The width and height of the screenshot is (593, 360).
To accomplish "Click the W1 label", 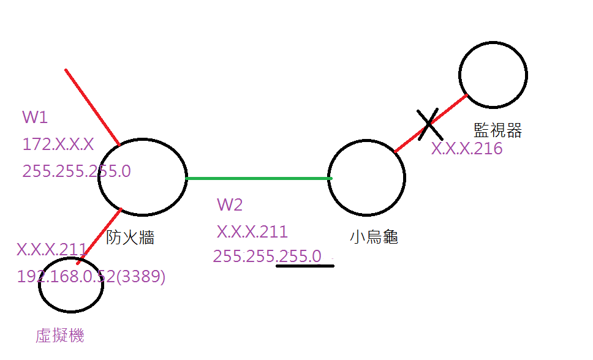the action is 34,118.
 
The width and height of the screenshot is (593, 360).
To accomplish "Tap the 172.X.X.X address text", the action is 58,144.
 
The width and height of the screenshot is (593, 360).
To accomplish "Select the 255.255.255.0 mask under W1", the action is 77,171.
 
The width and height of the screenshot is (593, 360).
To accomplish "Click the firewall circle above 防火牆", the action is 142,177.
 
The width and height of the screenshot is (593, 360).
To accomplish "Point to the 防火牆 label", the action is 130,238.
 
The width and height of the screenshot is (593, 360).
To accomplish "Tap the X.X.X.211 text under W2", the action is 252,232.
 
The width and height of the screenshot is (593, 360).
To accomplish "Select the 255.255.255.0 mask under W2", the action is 267,256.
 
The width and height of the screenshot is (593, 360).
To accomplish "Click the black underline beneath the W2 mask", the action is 305,266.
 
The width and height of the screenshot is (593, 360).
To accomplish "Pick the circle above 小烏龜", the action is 366,177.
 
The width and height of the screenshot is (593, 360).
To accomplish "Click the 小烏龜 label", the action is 374,238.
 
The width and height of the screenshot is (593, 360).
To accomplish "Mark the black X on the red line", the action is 428,124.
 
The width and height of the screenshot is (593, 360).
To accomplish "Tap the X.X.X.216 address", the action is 467,149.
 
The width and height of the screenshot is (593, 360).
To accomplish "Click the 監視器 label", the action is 498,130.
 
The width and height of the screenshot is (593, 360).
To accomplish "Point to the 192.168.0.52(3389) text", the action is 91,277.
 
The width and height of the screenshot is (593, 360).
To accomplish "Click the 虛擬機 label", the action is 60,336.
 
